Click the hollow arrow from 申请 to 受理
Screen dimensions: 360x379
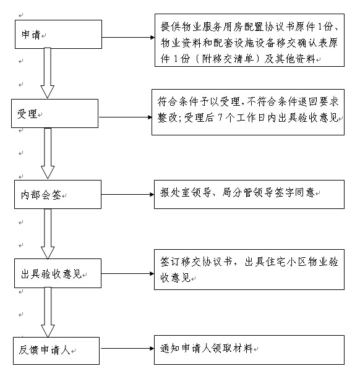pos(48,73)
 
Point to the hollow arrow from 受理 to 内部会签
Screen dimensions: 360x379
pos(48,153)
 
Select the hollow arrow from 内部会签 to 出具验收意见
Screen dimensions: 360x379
pos(48,234)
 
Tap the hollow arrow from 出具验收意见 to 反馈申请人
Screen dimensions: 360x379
pos(48,312)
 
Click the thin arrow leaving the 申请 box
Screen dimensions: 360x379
pos(128,38)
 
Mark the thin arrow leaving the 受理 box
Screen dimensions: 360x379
pos(125,117)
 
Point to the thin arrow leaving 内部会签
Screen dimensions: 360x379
pos(127,194)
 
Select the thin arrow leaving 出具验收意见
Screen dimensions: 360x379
pos(127,274)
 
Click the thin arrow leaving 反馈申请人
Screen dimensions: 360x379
pos(127,348)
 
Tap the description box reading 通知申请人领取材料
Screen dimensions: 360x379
pos(249,350)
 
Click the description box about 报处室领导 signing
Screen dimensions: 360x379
pos(249,194)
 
